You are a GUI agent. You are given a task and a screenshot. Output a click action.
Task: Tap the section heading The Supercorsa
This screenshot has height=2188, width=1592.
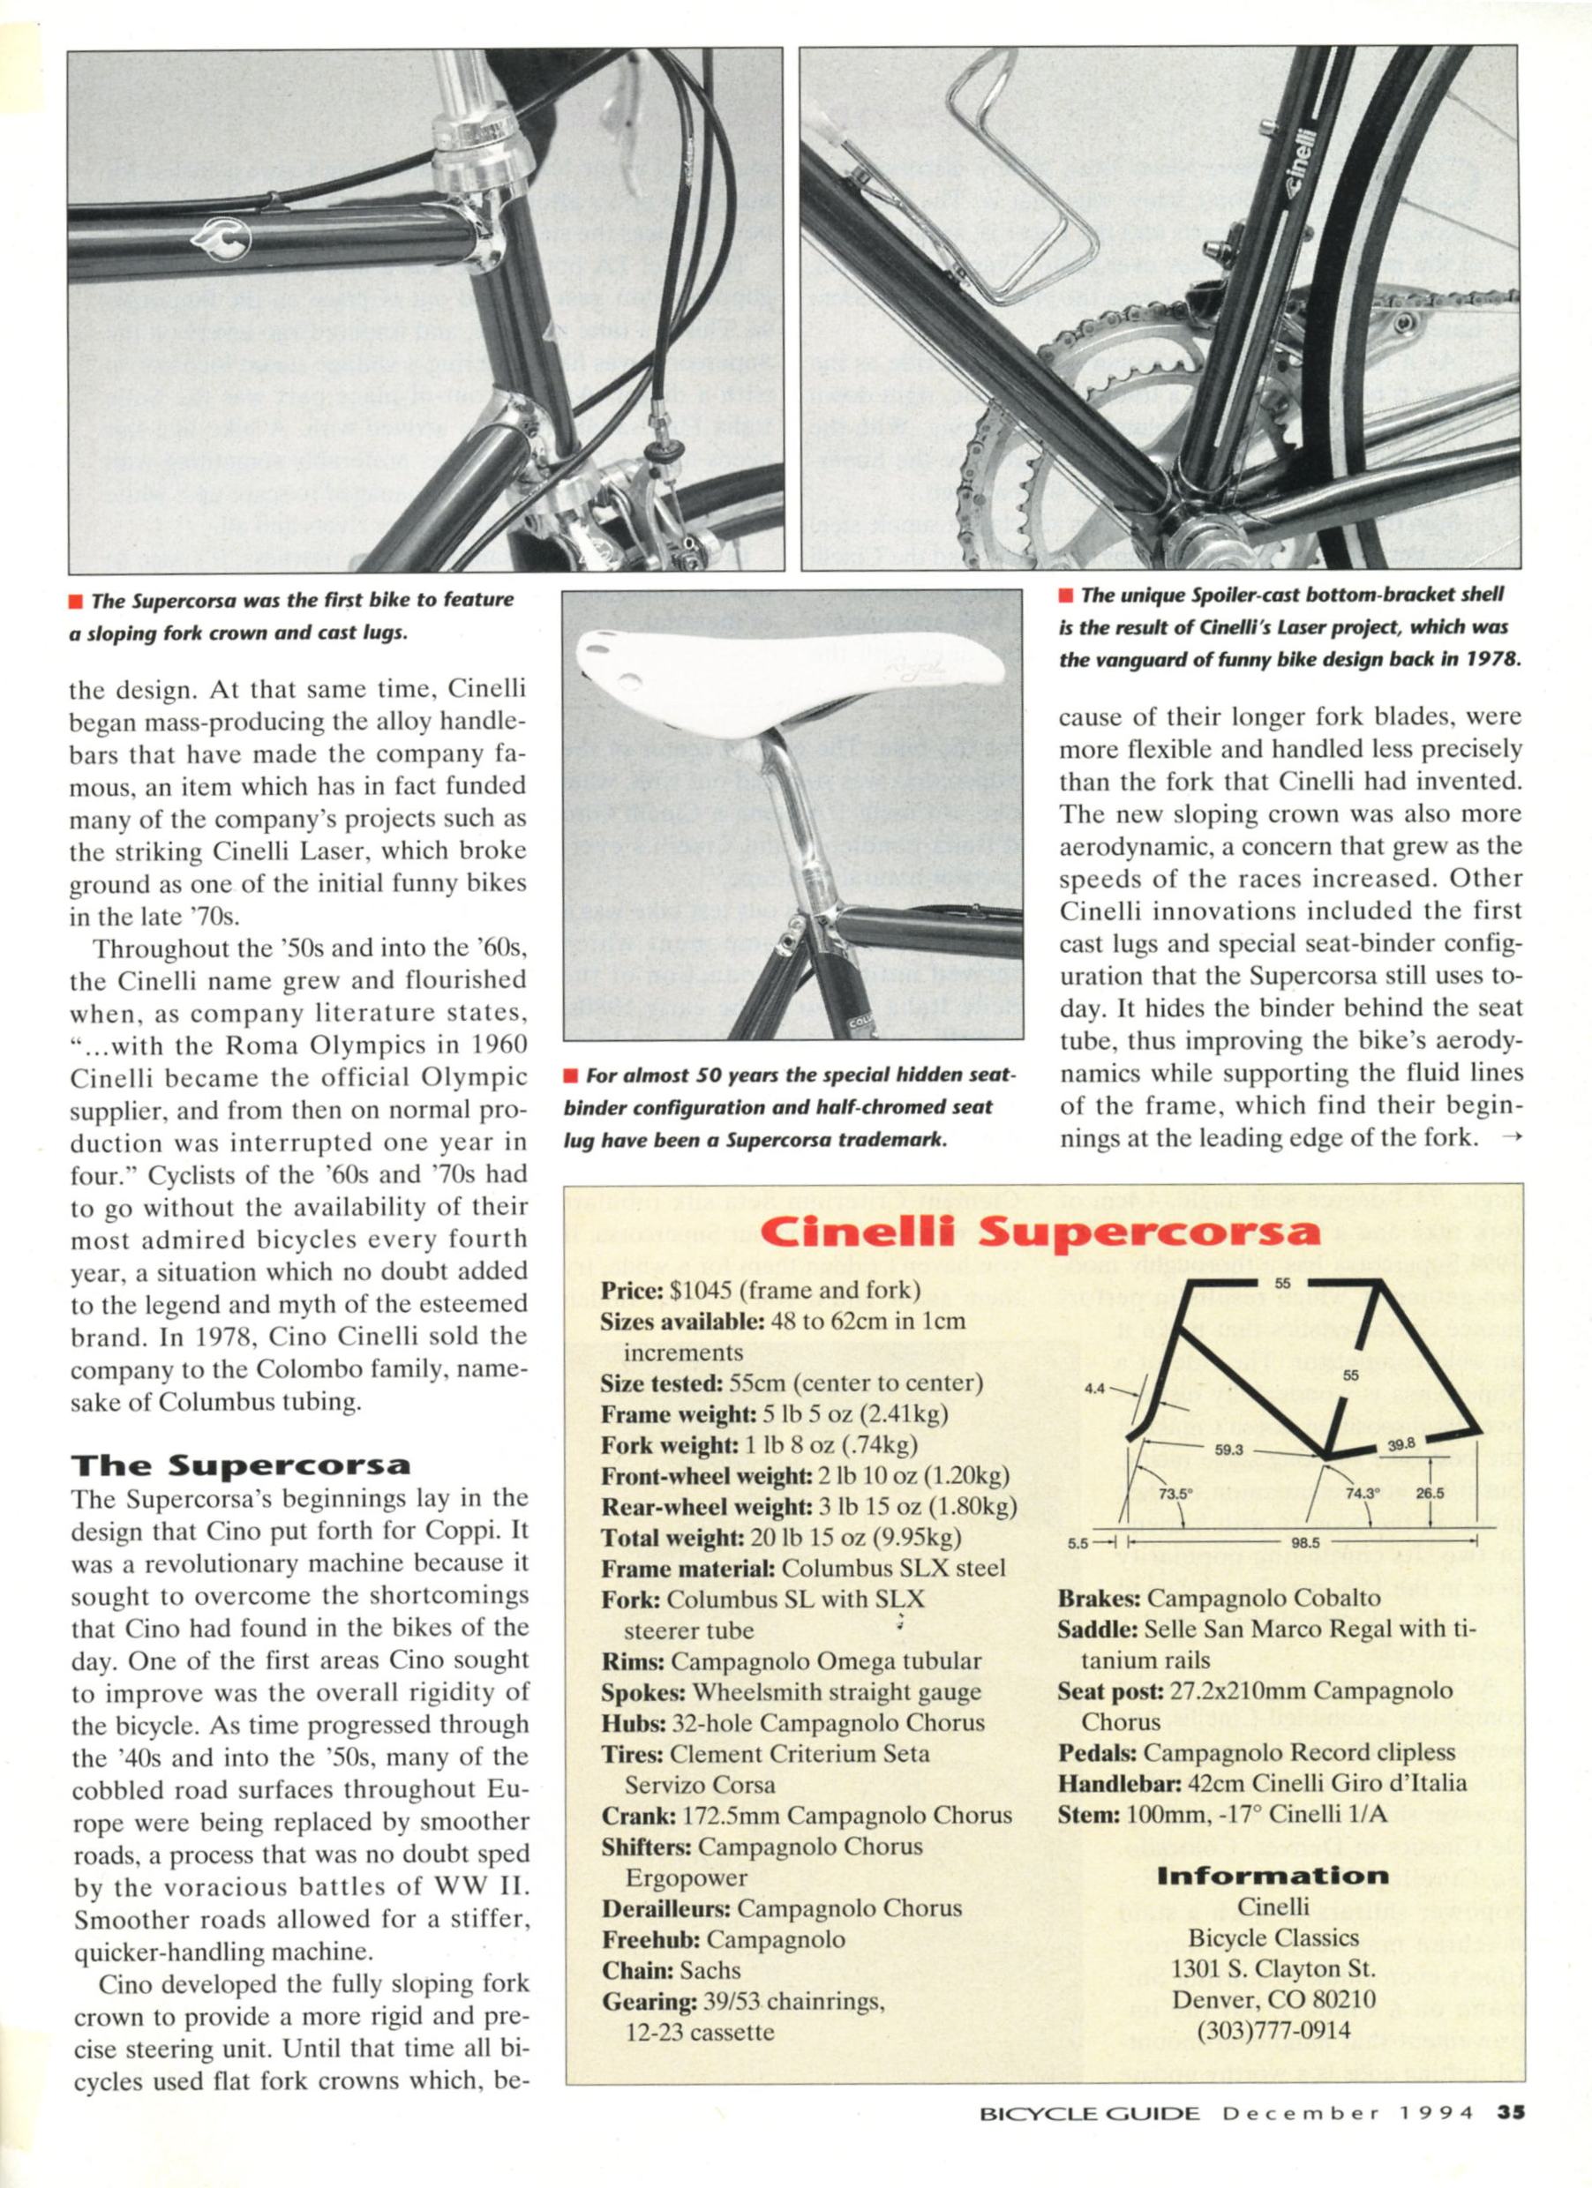tap(240, 1465)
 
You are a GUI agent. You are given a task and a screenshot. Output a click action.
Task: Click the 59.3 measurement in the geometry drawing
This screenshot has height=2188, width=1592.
tap(1228, 1449)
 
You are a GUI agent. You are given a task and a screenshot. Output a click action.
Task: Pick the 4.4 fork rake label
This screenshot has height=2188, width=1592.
tap(1094, 1390)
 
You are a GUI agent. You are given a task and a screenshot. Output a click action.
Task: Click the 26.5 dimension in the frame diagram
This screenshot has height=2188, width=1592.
tap(1429, 1494)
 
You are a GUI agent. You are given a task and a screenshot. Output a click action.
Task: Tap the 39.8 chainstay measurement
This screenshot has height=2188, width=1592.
tap(1401, 1444)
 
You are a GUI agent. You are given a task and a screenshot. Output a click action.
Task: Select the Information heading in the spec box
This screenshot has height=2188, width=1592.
tap(1273, 1877)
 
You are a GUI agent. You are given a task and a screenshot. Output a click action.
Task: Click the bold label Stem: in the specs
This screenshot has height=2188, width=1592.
tap(1088, 1814)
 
